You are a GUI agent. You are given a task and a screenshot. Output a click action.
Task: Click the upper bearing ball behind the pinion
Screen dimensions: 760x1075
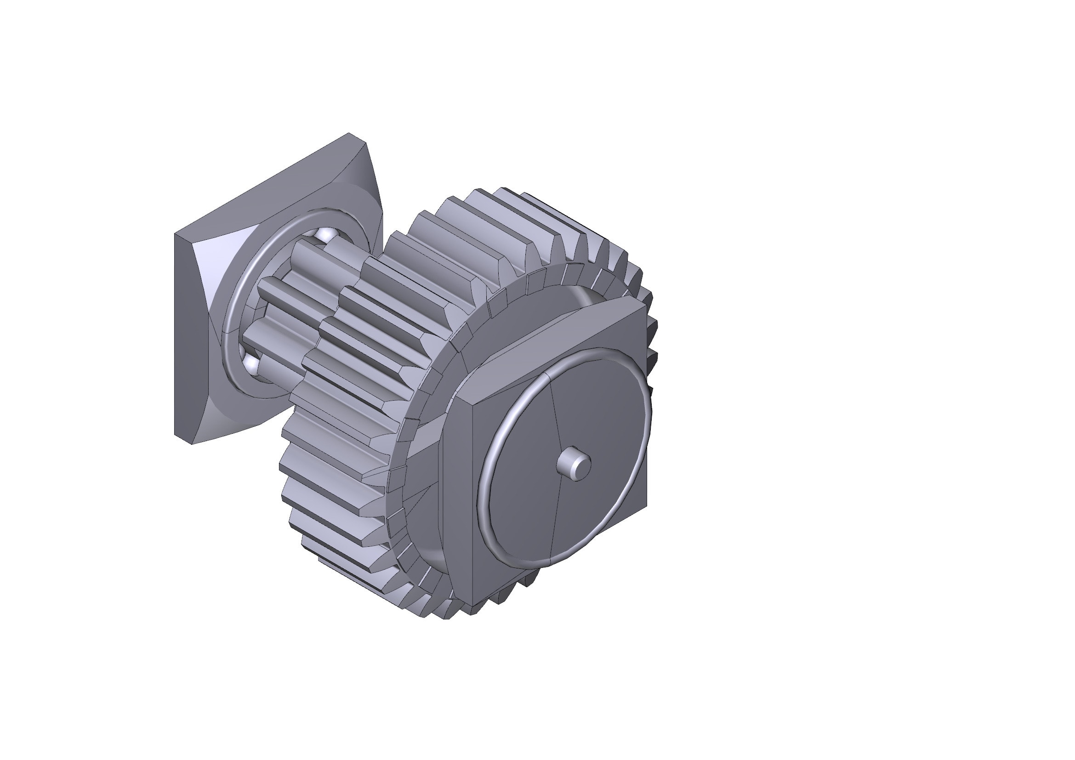[x=322, y=233]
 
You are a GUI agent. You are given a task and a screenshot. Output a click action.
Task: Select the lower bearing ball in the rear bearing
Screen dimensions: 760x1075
[x=252, y=364]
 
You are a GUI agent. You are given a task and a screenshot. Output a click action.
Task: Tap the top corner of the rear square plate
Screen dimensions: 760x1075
[x=349, y=135]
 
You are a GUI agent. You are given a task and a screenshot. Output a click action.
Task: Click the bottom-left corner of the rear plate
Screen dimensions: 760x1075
[x=192, y=442]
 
